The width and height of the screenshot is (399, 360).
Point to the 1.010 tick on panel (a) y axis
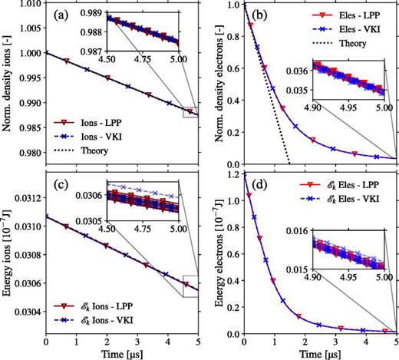29,7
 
